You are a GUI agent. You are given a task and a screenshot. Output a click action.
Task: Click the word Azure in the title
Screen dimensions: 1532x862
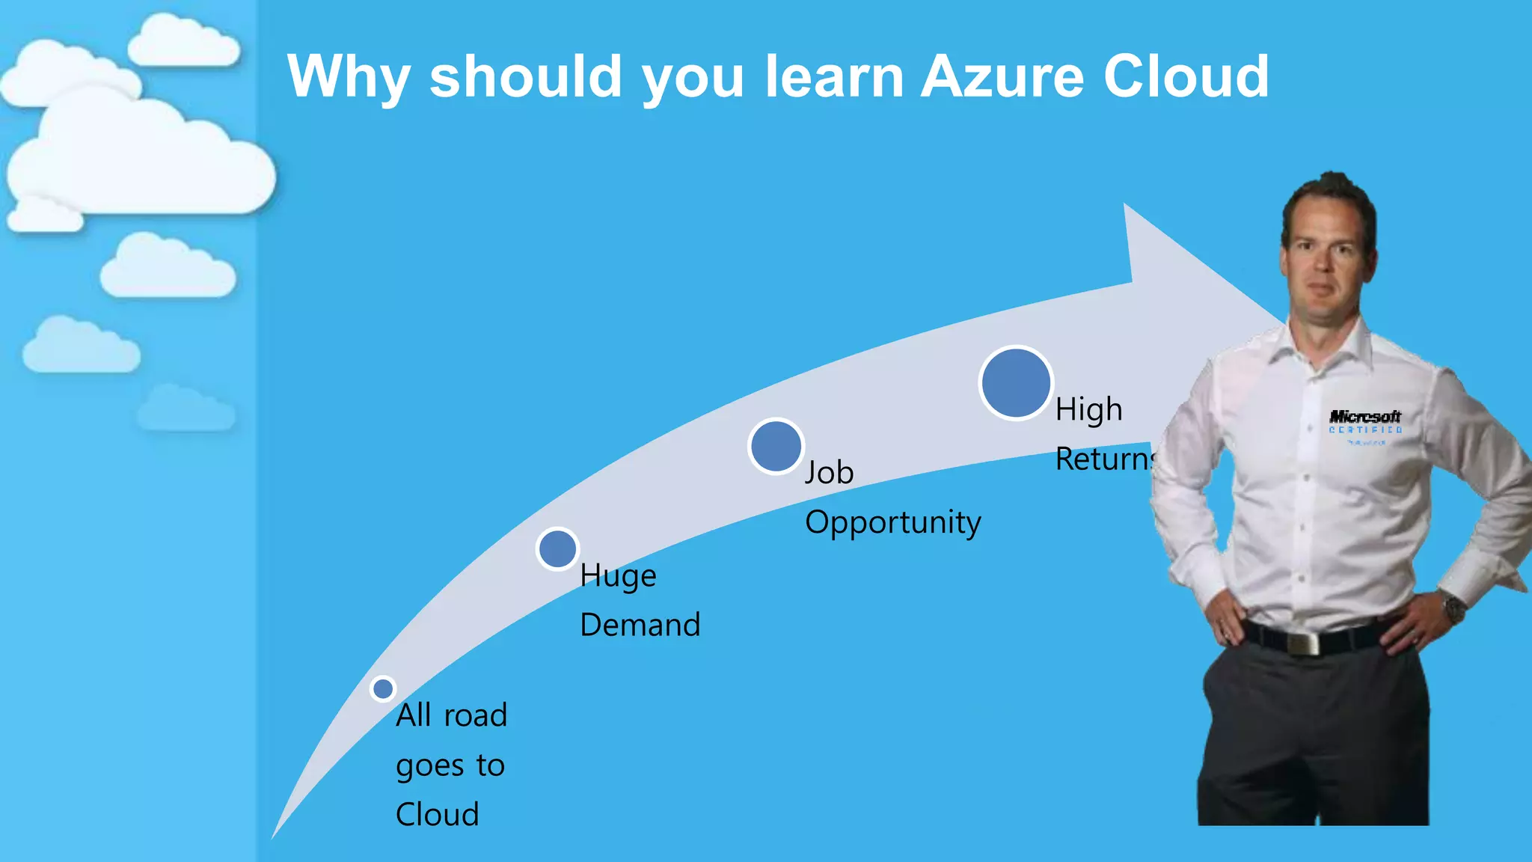click(x=1002, y=76)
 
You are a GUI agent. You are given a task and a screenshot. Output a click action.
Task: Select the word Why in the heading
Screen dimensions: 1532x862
click(x=349, y=78)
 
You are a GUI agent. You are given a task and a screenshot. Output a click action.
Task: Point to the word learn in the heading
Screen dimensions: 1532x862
click(x=834, y=76)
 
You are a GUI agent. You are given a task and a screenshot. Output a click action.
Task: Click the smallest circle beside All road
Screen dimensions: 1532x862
click(x=383, y=688)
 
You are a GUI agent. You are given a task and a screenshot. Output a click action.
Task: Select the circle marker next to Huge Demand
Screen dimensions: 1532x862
click(x=557, y=549)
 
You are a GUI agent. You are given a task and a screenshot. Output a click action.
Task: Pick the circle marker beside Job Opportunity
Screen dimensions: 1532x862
click(x=776, y=446)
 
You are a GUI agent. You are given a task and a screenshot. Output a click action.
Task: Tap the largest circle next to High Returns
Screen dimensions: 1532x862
click(x=1016, y=383)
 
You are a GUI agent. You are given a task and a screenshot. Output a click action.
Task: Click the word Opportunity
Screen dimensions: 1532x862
click(x=892, y=522)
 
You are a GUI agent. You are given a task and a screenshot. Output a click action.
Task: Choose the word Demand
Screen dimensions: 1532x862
click(x=640, y=625)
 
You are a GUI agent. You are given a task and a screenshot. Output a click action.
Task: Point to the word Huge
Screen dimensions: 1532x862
click(x=618, y=576)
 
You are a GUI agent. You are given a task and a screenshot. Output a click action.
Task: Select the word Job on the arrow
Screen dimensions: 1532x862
click(x=829, y=473)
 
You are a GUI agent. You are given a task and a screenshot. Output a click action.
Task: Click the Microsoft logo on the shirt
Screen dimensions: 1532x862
click(x=1364, y=417)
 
